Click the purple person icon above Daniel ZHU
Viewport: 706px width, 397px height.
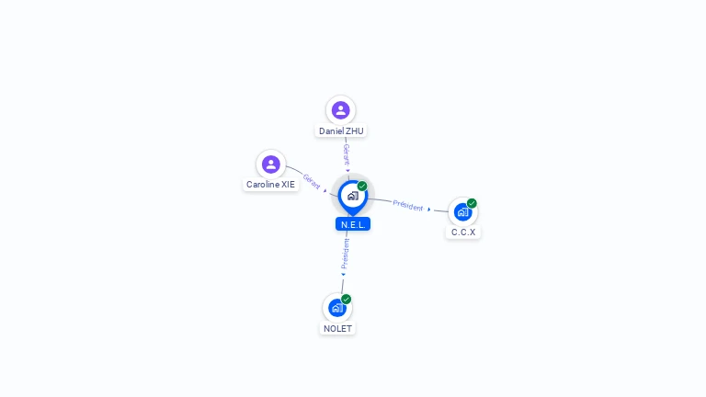pyautogui.click(x=340, y=110)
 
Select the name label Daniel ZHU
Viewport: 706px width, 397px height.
pyautogui.click(x=341, y=131)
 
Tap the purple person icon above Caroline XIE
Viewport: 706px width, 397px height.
pyautogui.click(x=270, y=164)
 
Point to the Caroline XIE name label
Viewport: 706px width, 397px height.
pyautogui.click(x=270, y=185)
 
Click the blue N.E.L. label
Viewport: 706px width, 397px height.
pyautogui.click(x=353, y=224)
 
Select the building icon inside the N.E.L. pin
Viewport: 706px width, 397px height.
pyautogui.click(x=353, y=196)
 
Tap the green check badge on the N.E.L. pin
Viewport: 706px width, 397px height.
pyautogui.click(x=362, y=186)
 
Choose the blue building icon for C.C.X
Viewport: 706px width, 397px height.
pyautogui.click(x=462, y=212)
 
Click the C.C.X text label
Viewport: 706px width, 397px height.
pyautogui.click(x=463, y=233)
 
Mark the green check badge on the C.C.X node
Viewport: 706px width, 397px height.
pyautogui.click(x=472, y=203)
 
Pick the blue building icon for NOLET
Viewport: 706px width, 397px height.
pyautogui.click(x=336, y=308)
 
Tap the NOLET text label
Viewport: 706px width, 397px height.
pyautogui.click(x=337, y=329)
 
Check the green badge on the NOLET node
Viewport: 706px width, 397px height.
pyautogui.click(x=346, y=299)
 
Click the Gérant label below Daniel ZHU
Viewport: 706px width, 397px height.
pyautogui.click(x=347, y=154)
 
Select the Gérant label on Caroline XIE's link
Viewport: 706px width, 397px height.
pyautogui.click(x=312, y=181)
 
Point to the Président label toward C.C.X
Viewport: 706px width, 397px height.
pyautogui.click(x=408, y=206)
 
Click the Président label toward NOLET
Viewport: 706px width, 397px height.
pyautogui.click(x=345, y=254)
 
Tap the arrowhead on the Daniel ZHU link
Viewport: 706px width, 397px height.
pyautogui.click(x=347, y=171)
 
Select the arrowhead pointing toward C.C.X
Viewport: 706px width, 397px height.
pyautogui.click(x=429, y=210)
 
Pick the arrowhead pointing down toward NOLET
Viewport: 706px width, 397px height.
pyautogui.click(x=343, y=275)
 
